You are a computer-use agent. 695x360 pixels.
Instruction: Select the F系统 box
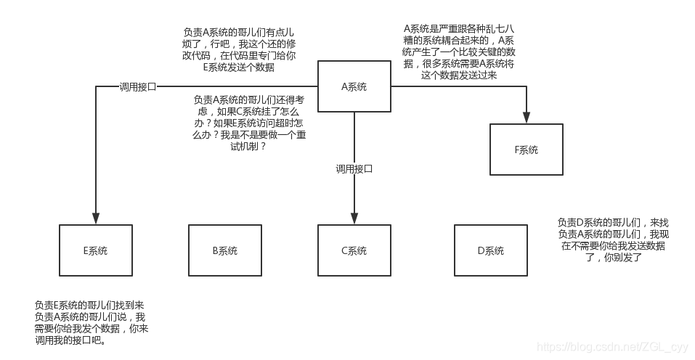(x=526, y=150)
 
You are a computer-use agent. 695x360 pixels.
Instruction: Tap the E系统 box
(x=95, y=250)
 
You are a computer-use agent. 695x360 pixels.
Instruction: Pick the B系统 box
(x=224, y=250)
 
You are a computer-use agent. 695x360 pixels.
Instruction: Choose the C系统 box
(x=354, y=250)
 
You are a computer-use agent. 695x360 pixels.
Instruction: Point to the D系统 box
(x=490, y=250)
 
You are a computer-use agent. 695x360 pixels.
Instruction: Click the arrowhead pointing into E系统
(x=95, y=218)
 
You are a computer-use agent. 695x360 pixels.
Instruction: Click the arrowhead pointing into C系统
(x=354, y=218)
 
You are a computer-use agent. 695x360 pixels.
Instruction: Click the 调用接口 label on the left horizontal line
(x=138, y=86)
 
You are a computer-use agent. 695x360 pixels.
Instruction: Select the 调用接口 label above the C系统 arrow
(x=354, y=169)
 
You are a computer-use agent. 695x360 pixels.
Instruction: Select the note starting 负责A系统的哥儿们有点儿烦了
(x=239, y=50)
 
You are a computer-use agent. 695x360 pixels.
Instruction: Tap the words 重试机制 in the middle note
(x=240, y=146)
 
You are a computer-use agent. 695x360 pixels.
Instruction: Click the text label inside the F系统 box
(x=526, y=150)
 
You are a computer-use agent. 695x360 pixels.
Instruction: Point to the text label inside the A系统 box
(x=354, y=86)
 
